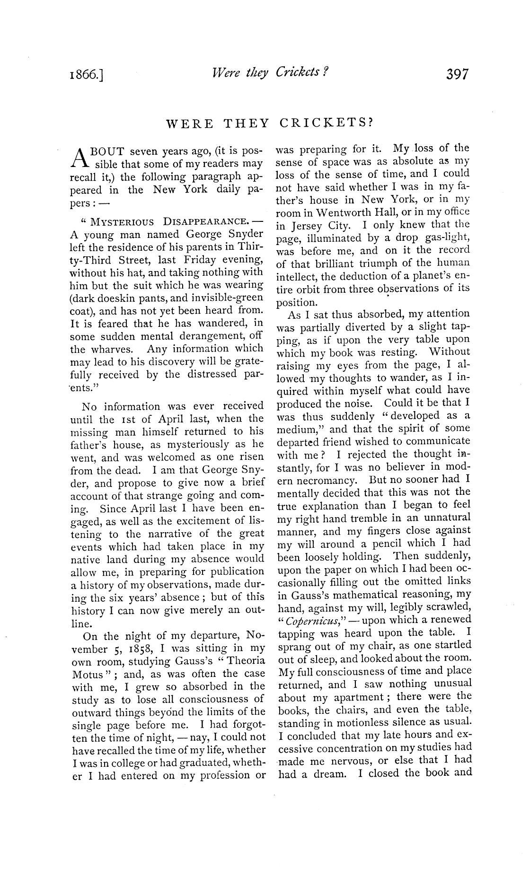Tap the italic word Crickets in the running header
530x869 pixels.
point(300,72)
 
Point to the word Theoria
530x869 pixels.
point(244,661)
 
